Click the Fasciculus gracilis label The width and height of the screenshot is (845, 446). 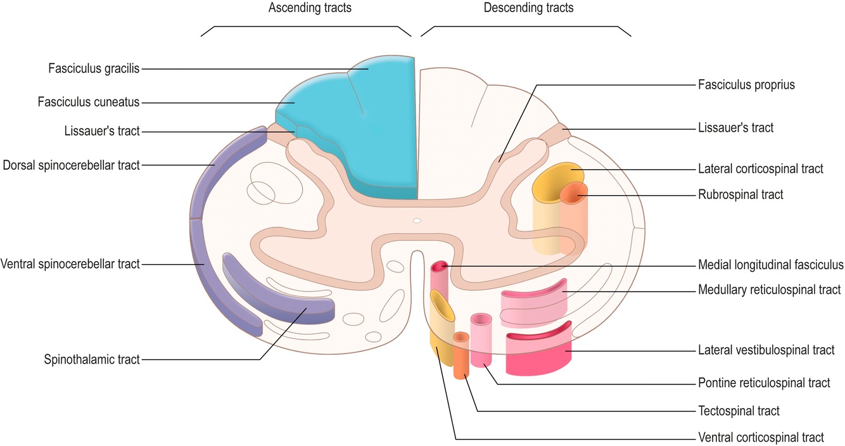[x=94, y=68]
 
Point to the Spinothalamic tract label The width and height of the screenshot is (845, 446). [x=92, y=360]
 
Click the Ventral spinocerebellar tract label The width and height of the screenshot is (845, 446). [x=70, y=264]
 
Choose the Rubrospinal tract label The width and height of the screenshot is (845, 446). [x=740, y=194]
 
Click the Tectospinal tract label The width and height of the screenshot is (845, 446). [x=739, y=411]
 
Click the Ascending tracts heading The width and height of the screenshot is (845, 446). [x=310, y=8]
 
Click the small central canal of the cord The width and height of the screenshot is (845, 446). [x=416, y=221]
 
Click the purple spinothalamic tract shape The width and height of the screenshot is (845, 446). [x=279, y=298]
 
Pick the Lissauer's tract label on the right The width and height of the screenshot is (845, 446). [x=735, y=128]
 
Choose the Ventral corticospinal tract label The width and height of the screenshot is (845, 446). [x=761, y=437]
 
